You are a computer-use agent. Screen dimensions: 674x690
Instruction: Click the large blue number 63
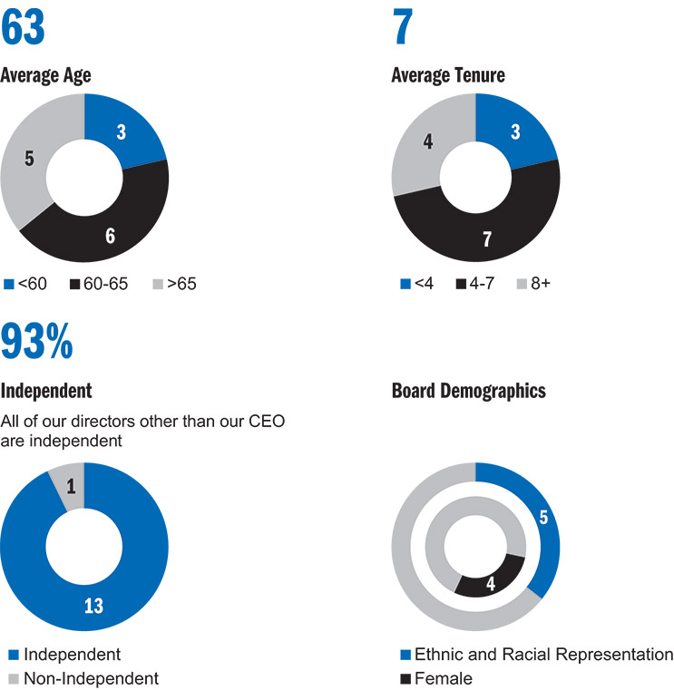click(x=23, y=27)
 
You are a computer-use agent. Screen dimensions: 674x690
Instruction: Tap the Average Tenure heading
click(x=448, y=75)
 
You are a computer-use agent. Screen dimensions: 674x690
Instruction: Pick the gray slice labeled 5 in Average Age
click(x=26, y=159)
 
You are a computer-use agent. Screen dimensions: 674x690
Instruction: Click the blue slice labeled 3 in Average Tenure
click(x=517, y=129)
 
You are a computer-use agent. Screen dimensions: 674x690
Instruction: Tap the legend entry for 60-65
click(x=99, y=284)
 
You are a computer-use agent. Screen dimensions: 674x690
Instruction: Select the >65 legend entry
click(x=174, y=284)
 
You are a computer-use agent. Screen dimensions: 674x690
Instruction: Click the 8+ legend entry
click(x=533, y=284)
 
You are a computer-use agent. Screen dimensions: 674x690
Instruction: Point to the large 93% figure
click(x=37, y=342)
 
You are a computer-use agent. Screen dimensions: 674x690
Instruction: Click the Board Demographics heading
click(x=469, y=391)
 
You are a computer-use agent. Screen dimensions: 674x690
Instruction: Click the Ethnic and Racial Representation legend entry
click(x=537, y=655)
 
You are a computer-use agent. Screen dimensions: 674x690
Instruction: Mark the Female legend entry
click(x=436, y=678)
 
